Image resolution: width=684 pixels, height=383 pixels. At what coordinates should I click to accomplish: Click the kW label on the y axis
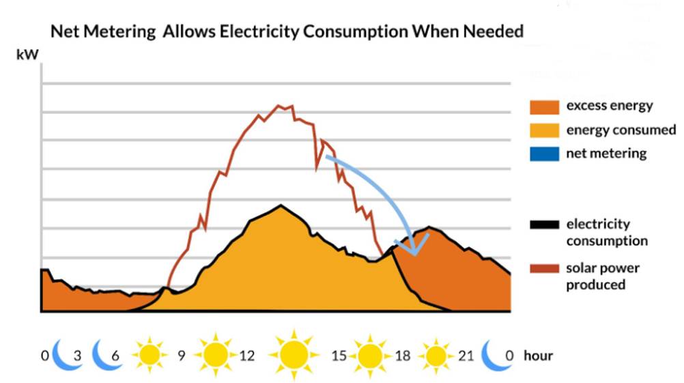tap(25, 54)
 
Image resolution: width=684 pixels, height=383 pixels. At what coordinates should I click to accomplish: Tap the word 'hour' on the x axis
tap(538, 356)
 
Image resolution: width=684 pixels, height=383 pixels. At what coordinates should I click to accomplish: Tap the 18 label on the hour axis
tap(403, 356)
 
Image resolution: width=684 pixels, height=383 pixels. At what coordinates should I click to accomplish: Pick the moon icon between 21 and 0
tap(497, 354)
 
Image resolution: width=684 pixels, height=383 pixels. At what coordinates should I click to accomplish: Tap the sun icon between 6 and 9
tap(149, 355)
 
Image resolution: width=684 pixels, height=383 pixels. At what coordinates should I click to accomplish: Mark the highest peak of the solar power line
tap(279, 106)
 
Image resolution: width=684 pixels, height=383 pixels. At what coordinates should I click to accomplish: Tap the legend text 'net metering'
tap(606, 154)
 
